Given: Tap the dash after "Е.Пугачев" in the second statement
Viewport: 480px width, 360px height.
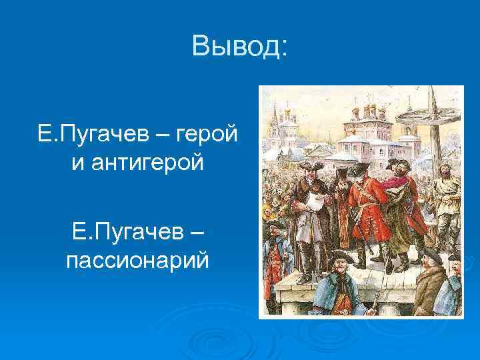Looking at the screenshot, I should [x=197, y=233].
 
